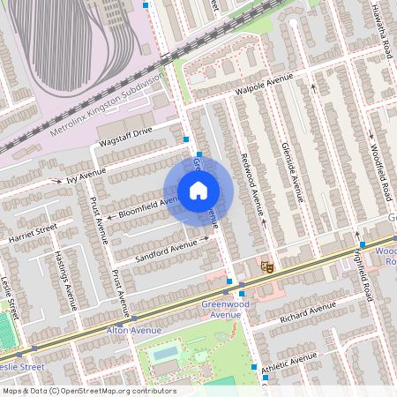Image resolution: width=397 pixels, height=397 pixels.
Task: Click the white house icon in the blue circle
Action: click(x=198, y=191)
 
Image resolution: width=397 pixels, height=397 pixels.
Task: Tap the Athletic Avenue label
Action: click(x=288, y=359)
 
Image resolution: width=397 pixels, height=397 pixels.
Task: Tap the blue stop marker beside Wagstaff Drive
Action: click(x=186, y=139)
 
